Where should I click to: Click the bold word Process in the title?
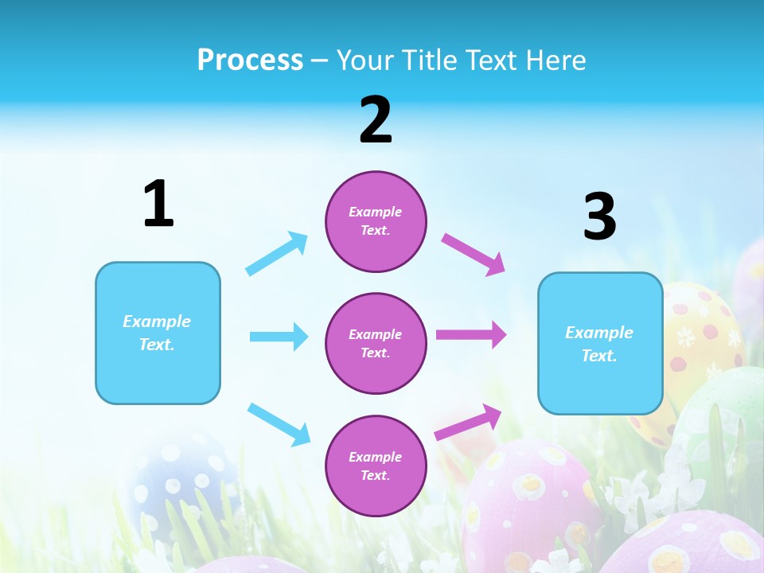[x=250, y=60]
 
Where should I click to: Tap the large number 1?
[x=158, y=205]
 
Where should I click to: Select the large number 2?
[x=376, y=120]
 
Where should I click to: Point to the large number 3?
[x=600, y=217]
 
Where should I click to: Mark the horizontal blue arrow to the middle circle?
[x=279, y=337]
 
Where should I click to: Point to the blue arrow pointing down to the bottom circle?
[x=279, y=423]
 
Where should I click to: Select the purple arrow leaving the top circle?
[x=474, y=254]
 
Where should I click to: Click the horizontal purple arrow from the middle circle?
[x=471, y=335]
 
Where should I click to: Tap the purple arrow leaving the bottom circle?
[x=468, y=422]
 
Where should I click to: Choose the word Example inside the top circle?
[x=376, y=212]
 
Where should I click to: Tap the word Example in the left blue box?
[x=157, y=322]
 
